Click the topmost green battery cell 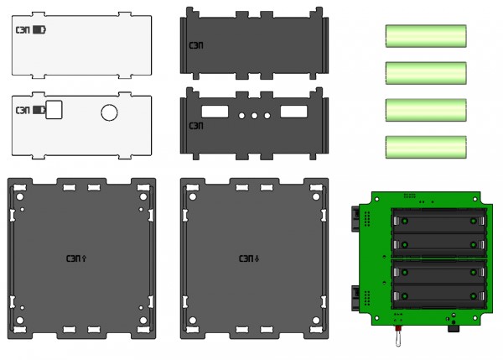(425, 37)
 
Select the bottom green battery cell (425, 148)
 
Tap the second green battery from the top (425, 73)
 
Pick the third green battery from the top (425, 111)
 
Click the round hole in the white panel (110, 112)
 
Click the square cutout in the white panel (56, 109)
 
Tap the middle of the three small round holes (254, 114)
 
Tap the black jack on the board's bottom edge (454, 328)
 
